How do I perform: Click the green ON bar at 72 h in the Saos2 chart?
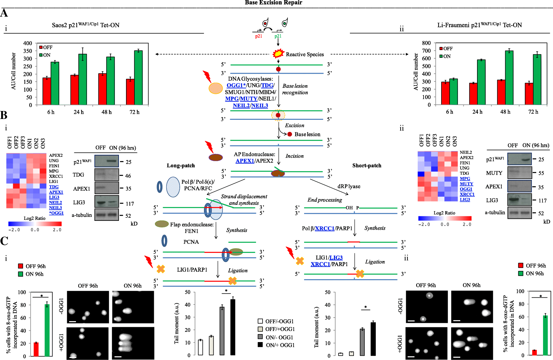click(x=138, y=78)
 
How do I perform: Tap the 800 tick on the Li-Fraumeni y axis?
click(x=426, y=43)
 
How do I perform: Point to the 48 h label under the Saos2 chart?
click(x=106, y=112)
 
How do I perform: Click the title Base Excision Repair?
click(x=273, y=3)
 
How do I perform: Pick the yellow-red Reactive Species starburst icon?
click(x=278, y=53)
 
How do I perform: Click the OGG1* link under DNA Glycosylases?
click(x=236, y=85)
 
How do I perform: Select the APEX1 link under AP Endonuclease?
click(x=245, y=161)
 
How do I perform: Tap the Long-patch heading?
click(x=181, y=166)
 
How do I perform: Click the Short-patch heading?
click(x=367, y=166)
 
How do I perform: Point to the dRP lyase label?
click(x=349, y=186)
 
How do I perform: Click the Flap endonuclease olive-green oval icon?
click(x=162, y=224)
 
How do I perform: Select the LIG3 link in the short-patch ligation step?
click(x=336, y=258)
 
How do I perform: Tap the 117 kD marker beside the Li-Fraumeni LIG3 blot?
click(x=542, y=201)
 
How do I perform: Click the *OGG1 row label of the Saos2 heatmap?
click(x=56, y=213)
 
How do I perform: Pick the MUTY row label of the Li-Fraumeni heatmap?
click(x=467, y=184)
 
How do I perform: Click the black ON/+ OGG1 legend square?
click(x=260, y=345)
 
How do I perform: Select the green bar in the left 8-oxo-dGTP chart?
click(x=47, y=330)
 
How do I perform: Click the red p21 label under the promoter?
click(x=258, y=36)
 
